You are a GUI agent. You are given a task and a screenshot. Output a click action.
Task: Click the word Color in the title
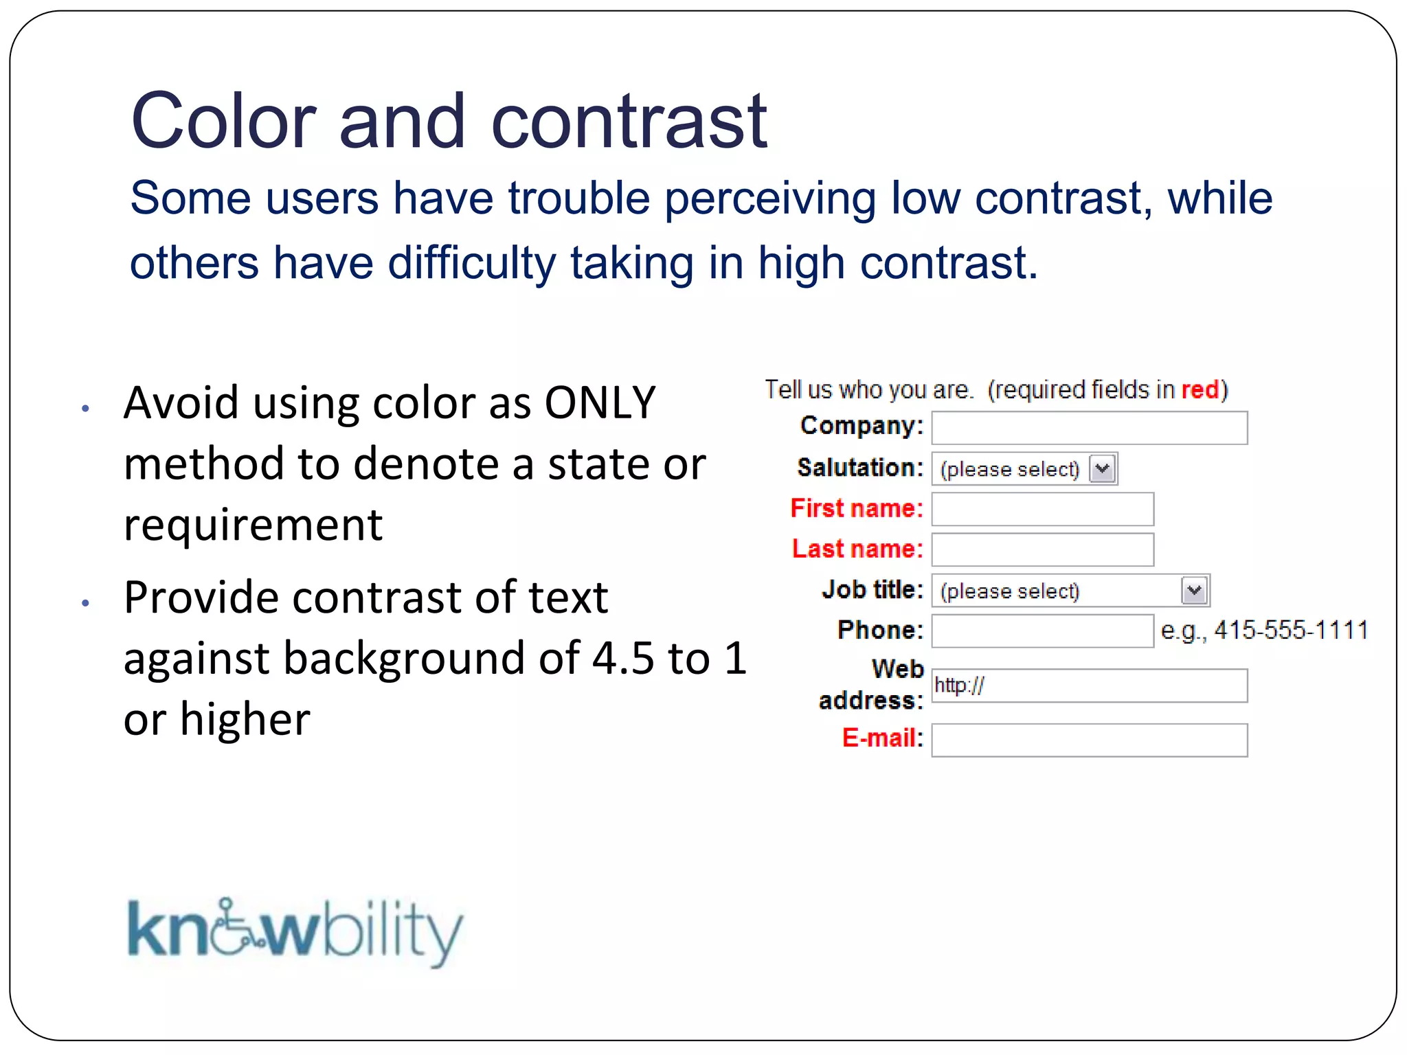pyautogui.click(x=223, y=122)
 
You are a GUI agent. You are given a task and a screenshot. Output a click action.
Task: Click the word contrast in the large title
pyautogui.click(x=629, y=122)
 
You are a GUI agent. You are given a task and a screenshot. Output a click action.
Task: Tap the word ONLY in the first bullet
pyautogui.click(x=600, y=402)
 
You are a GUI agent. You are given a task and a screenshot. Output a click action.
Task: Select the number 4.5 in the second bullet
pyautogui.click(x=622, y=658)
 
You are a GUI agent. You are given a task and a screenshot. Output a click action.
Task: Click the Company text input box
pyautogui.click(x=1089, y=428)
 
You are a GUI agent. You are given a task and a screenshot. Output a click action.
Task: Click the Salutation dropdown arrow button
pyautogui.click(x=1102, y=469)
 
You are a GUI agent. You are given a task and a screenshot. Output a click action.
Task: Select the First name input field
pyautogui.click(x=1042, y=509)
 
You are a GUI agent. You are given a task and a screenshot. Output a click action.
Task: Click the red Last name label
pyautogui.click(x=857, y=549)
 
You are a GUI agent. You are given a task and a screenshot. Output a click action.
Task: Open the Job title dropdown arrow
pyautogui.click(x=1194, y=591)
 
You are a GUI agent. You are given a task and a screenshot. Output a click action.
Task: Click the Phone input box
pyautogui.click(x=1042, y=631)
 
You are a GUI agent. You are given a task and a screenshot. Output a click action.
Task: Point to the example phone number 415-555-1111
pyautogui.click(x=1290, y=630)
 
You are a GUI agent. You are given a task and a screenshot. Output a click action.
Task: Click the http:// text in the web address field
pyautogui.click(x=959, y=685)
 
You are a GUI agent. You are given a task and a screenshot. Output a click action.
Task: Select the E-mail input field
pyautogui.click(x=1089, y=740)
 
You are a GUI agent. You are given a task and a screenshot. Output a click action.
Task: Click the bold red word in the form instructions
pyautogui.click(x=1200, y=389)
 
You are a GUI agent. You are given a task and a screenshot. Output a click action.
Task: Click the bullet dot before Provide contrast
pyautogui.click(x=85, y=603)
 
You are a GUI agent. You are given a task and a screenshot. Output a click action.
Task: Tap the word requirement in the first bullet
pyautogui.click(x=253, y=525)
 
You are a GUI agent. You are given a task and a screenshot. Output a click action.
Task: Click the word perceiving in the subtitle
pyautogui.click(x=769, y=198)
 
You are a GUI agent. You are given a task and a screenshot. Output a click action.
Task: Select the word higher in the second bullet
pyautogui.click(x=245, y=719)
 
